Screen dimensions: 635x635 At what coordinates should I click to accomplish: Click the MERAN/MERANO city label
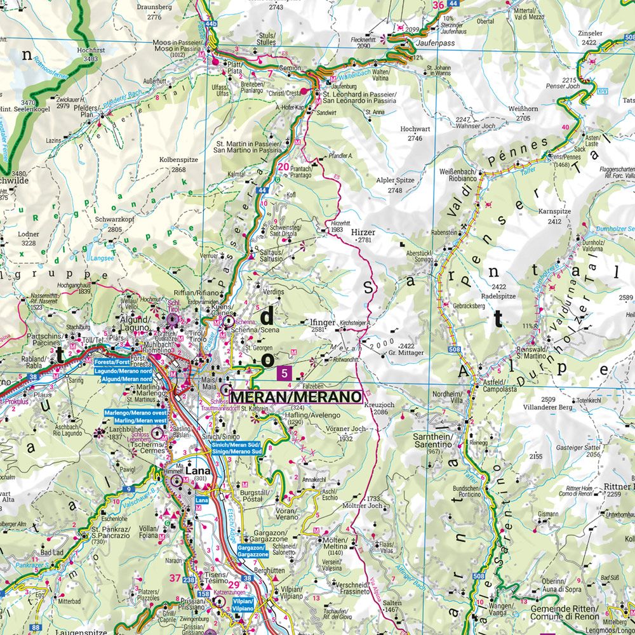(x=295, y=397)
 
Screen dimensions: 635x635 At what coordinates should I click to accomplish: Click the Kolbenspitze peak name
(x=173, y=160)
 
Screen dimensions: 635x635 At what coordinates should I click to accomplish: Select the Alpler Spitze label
(x=396, y=180)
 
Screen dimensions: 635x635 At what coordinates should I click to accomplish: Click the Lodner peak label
(x=29, y=234)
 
